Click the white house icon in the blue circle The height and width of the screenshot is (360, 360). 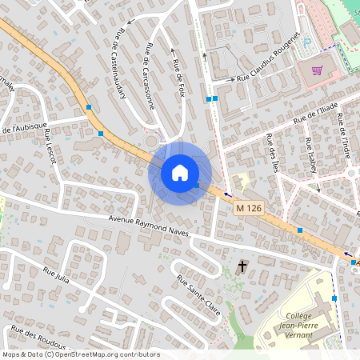180,173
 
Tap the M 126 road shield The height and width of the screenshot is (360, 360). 250,208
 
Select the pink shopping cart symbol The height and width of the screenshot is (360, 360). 317,70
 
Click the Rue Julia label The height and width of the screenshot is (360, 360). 56,274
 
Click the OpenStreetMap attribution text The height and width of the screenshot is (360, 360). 80,354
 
